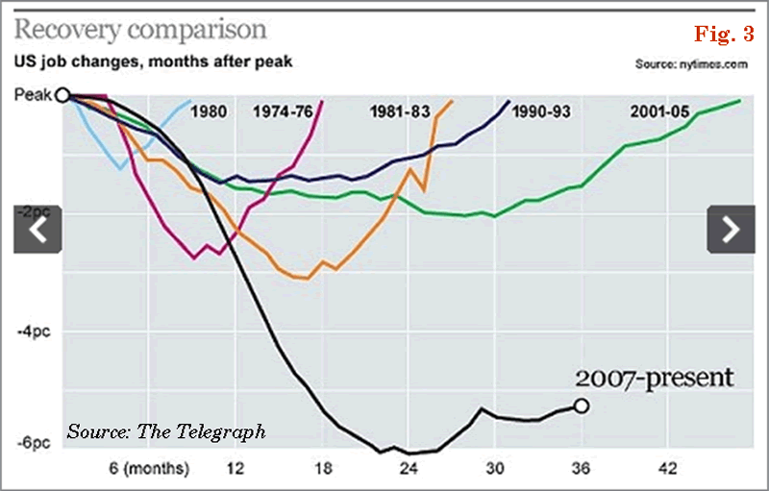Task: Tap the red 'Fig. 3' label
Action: [723, 36]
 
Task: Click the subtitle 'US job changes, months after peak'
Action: [152, 63]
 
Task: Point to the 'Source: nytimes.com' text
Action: [691, 64]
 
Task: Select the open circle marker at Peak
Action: [63, 95]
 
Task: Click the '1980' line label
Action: [209, 111]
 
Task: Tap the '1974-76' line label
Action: [283, 111]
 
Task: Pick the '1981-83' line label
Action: [399, 111]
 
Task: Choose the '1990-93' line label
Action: [541, 111]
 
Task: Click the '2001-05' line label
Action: [659, 111]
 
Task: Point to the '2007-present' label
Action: [655, 378]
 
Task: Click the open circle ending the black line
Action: [581, 405]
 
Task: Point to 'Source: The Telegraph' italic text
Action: [165, 431]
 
